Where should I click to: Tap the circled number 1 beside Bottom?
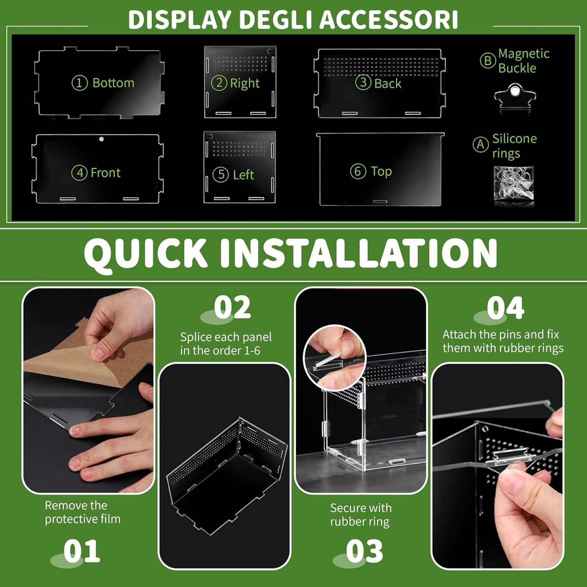(x=79, y=83)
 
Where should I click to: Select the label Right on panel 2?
(x=245, y=83)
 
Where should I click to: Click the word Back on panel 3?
(x=387, y=83)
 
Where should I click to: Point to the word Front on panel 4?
(x=105, y=173)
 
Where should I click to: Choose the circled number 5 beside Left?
(x=221, y=175)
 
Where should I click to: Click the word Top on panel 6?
(x=381, y=171)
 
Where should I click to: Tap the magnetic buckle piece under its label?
(x=515, y=96)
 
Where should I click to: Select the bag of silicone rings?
(x=513, y=185)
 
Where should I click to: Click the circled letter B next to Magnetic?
(x=488, y=61)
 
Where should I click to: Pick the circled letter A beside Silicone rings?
(x=481, y=145)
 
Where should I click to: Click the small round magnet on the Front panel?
(x=101, y=139)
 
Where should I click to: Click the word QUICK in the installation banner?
(x=145, y=253)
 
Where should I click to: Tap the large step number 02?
(x=232, y=308)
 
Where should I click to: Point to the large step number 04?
(x=505, y=308)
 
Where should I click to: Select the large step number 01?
(x=82, y=551)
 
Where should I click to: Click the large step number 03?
(x=364, y=551)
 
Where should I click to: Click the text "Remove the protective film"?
(x=83, y=512)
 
